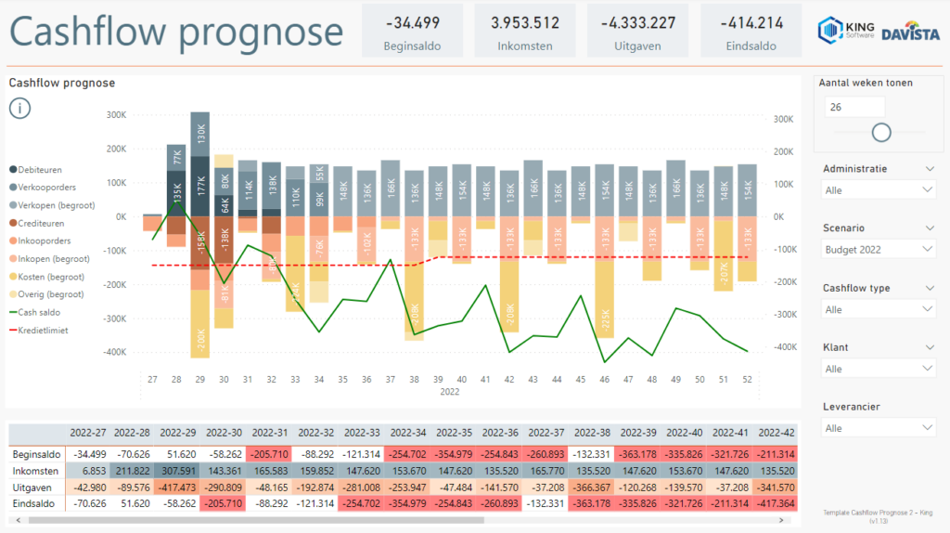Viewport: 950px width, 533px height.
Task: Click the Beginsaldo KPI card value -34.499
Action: (413, 23)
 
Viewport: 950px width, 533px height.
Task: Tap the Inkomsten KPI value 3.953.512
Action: (525, 23)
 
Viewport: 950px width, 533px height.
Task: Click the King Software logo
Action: (845, 30)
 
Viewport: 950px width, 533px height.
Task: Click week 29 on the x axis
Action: (199, 379)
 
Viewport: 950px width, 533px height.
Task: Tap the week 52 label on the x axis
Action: (747, 379)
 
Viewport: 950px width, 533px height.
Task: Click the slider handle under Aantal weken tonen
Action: (881, 133)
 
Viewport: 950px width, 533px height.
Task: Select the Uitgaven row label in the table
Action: (33, 487)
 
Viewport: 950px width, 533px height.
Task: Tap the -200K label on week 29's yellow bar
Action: (200, 340)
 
